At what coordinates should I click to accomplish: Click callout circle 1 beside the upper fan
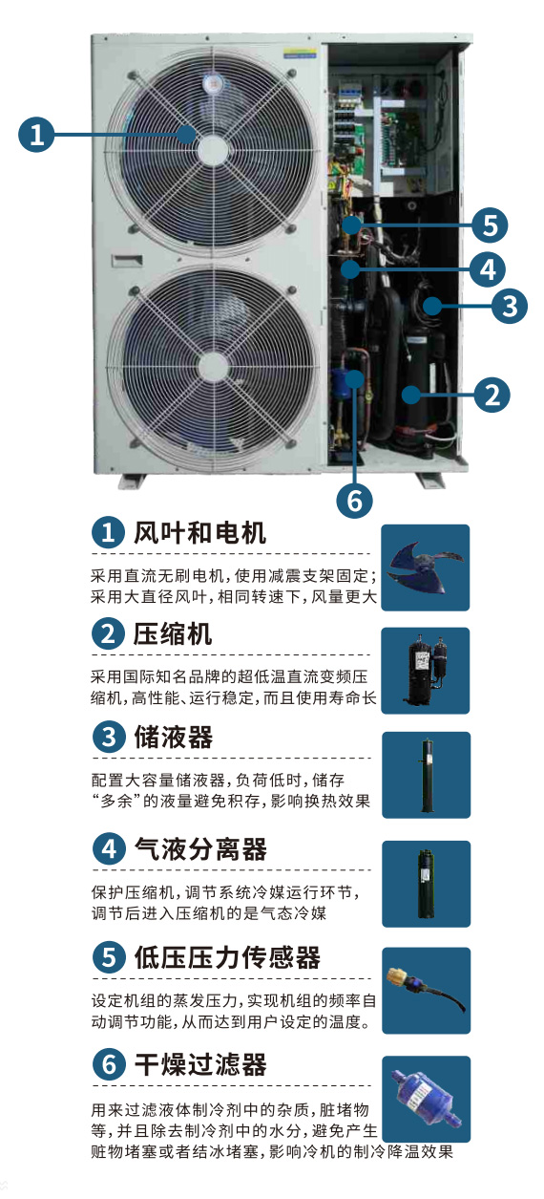pyautogui.click(x=36, y=134)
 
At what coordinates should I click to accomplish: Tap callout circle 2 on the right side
pyautogui.click(x=492, y=395)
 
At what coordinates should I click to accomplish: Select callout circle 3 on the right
pyautogui.click(x=510, y=306)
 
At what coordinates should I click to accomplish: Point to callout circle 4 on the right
pyautogui.click(x=488, y=269)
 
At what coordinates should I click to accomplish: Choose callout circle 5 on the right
pyautogui.click(x=490, y=225)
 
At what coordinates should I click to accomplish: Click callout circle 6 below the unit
pyautogui.click(x=354, y=501)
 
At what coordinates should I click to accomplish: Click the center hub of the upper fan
pyautogui.click(x=214, y=147)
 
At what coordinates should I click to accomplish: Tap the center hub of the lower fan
pyautogui.click(x=214, y=367)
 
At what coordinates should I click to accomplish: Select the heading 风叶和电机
pyautogui.click(x=199, y=533)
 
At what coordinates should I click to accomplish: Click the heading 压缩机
pyautogui.click(x=172, y=634)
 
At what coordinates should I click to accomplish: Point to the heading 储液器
pyautogui.click(x=174, y=737)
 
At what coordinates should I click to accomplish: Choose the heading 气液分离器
pyautogui.click(x=200, y=849)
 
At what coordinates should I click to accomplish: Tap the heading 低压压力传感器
pyautogui.click(x=227, y=957)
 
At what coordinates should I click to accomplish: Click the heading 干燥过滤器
pyautogui.click(x=200, y=1064)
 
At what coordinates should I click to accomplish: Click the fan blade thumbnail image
pyautogui.click(x=426, y=567)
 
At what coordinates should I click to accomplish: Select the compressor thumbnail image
pyautogui.click(x=426, y=670)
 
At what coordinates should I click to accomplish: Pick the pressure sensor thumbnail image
pyautogui.click(x=427, y=990)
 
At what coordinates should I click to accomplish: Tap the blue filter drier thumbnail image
pyautogui.click(x=427, y=1099)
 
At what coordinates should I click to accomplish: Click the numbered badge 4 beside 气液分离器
pyautogui.click(x=109, y=848)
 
